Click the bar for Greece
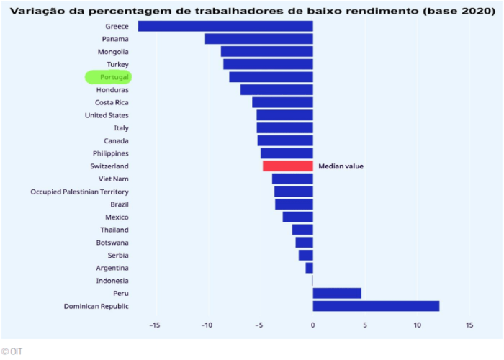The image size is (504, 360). pyautogui.click(x=225, y=26)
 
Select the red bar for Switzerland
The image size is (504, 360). pyautogui.click(x=288, y=166)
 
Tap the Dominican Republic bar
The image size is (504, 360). pyautogui.click(x=376, y=306)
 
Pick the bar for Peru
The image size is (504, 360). pyautogui.click(x=337, y=293)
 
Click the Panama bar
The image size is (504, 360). pyautogui.click(x=259, y=39)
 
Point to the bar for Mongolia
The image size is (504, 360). pyautogui.click(x=267, y=52)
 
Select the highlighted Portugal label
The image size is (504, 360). pyautogui.click(x=109, y=77)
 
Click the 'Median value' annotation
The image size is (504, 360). pyautogui.click(x=341, y=166)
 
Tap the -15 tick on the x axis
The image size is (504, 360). pyautogui.click(x=154, y=325)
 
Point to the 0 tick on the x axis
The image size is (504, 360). pyautogui.click(x=312, y=325)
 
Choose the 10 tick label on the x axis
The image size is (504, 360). pyautogui.click(x=417, y=325)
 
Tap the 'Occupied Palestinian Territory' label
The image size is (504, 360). pyautogui.click(x=80, y=192)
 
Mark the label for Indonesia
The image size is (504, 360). pyautogui.click(x=112, y=281)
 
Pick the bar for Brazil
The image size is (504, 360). pyautogui.click(x=294, y=204)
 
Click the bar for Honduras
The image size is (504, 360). pyautogui.click(x=276, y=90)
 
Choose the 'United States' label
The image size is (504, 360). pyautogui.click(x=107, y=115)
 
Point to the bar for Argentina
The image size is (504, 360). pyautogui.click(x=310, y=268)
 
